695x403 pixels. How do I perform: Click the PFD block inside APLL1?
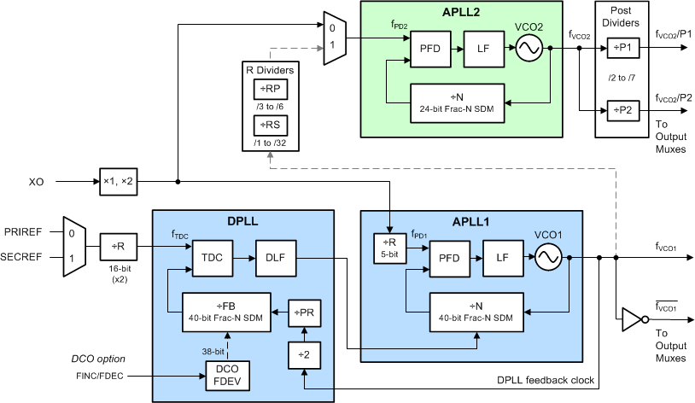(450, 257)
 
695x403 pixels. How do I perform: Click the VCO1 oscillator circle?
(549, 257)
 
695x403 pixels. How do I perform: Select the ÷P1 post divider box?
(621, 50)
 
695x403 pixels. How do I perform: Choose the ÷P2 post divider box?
(621, 110)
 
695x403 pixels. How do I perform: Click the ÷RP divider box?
(271, 90)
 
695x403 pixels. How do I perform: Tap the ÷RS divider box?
(271, 126)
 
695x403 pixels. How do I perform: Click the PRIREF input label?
(30, 231)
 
